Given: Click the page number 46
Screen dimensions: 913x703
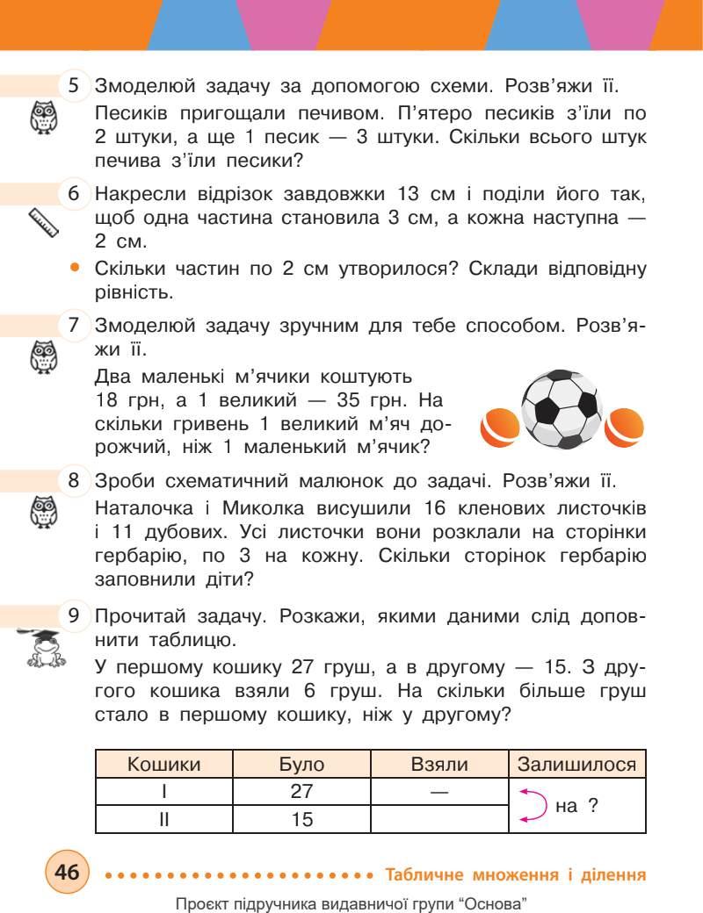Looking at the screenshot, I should (67, 873).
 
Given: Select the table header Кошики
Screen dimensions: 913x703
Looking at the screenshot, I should (164, 764).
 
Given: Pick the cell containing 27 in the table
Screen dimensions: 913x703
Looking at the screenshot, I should (301, 791).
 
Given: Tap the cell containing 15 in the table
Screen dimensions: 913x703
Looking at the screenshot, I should (301, 819).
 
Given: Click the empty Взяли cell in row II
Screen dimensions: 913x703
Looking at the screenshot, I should (439, 819).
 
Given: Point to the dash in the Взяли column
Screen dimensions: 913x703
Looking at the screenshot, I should (439, 792).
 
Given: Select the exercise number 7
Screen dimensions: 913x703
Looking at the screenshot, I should (75, 325).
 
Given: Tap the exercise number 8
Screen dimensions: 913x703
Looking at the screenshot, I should (75, 481).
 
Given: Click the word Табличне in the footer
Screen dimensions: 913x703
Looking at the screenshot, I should (427, 874).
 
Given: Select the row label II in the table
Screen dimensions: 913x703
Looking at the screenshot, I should (164, 819).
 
